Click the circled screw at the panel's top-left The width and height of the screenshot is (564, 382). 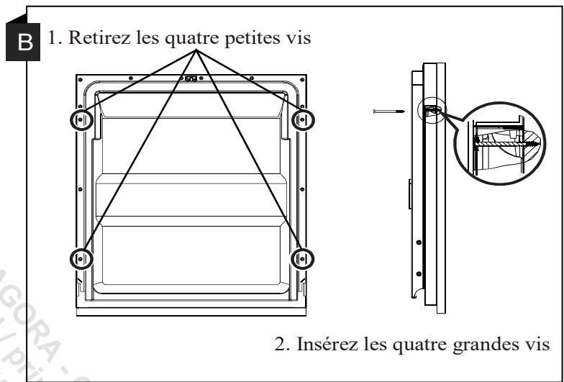pyautogui.click(x=80, y=119)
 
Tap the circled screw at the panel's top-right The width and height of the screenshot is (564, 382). pyautogui.click(x=303, y=119)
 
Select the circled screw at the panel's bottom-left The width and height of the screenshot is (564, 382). pyautogui.click(x=80, y=256)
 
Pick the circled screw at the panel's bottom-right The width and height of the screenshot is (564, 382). pyautogui.click(x=303, y=256)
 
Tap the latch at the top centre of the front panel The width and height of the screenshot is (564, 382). pyautogui.click(x=191, y=79)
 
